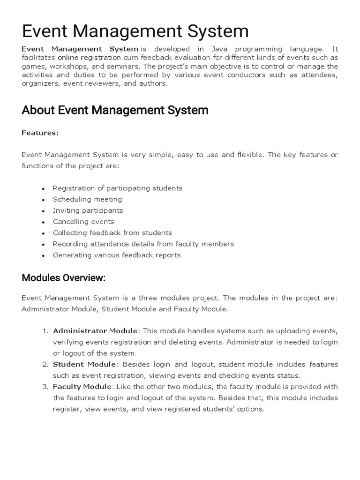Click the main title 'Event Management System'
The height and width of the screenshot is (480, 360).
(135, 31)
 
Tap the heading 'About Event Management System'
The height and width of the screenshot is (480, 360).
(115, 111)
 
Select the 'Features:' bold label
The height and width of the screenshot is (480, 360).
(40, 133)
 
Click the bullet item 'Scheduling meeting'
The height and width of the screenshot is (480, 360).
(87, 199)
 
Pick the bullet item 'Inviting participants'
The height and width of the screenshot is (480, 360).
(88, 210)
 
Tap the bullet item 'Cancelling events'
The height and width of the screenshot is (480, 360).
(83, 222)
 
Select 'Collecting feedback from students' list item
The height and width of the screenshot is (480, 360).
(112, 233)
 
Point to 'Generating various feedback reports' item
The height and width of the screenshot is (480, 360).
(116, 255)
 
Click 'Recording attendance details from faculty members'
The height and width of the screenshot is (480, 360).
(143, 244)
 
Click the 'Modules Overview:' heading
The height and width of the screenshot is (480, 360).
(64, 278)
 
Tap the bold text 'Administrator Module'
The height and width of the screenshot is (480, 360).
(95, 331)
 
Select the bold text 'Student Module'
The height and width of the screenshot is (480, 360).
(84, 364)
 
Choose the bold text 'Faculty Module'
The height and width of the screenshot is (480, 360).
(82, 387)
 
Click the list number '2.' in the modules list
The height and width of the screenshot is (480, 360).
(45, 364)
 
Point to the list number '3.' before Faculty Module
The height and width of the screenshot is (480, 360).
(45, 387)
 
